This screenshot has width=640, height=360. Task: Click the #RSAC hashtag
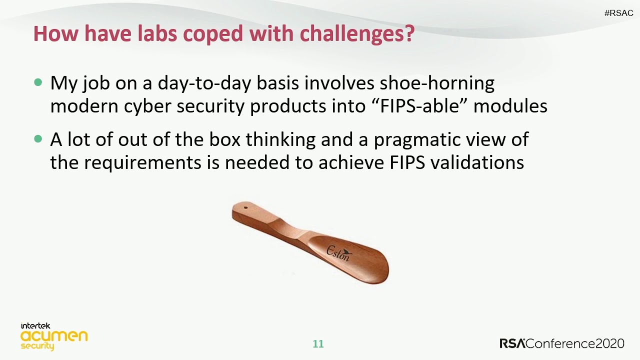(618, 13)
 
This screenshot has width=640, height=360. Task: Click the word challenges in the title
(357, 33)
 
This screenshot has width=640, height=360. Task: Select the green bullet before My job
(38, 82)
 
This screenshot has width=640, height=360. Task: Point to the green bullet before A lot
(38, 139)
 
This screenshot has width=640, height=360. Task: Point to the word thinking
(280, 140)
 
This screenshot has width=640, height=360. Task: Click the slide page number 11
(318, 344)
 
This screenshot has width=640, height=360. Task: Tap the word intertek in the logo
(35, 326)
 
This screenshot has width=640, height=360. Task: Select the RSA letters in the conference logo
(512, 343)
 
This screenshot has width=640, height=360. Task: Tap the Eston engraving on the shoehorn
(338, 253)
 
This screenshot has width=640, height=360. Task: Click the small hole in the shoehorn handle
(245, 207)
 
